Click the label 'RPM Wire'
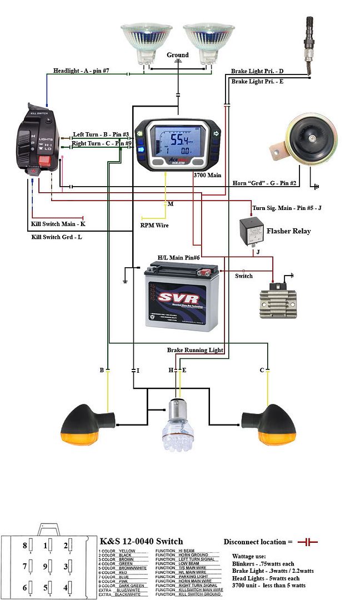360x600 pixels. [154, 226]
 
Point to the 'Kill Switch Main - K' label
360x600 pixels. [58, 224]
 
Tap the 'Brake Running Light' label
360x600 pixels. [195, 350]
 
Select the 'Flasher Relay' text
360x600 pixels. [288, 231]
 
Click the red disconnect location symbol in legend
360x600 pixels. [307, 542]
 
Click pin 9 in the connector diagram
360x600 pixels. [48, 567]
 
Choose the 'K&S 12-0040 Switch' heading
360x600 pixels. [141, 541]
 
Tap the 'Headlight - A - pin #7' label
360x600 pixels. [84, 71]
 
